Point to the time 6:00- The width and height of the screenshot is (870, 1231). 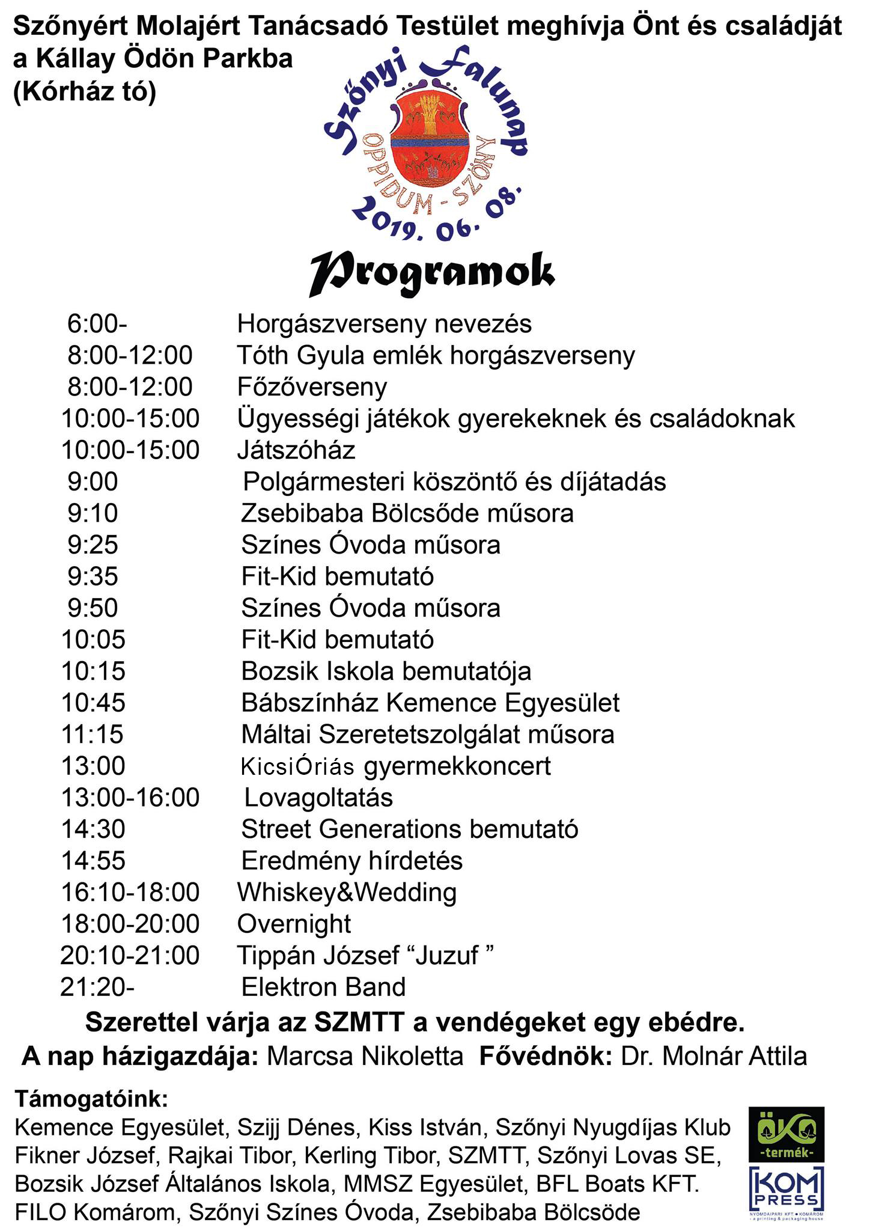tap(97, 324)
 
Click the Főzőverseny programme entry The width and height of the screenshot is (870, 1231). tap(312, 387)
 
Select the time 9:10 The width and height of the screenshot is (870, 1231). tap(93, 513)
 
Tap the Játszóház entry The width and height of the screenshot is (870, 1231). tap(296, 450)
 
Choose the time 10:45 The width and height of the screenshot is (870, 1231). tap(93, 703)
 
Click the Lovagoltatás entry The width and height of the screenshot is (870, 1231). tap(318, 798)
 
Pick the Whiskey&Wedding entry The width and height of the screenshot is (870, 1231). tap(347, 892)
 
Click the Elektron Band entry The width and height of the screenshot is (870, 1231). tap(323, 987)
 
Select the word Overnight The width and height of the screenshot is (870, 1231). tap(294, 924)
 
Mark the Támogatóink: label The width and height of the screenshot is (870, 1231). tap(91, 1099)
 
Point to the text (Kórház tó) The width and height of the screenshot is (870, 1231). tap(85, 92)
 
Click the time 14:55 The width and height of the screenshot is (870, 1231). tap(93, 861)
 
